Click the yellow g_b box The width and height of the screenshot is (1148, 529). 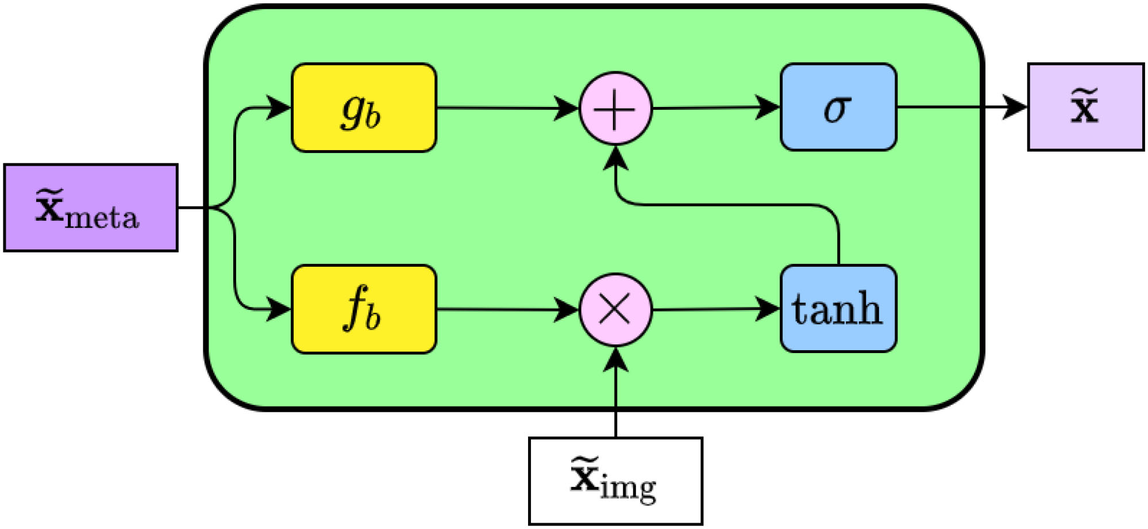pyautogui.click(x=364, y=108)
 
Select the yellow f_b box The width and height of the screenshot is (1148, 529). pyautogui.click(x=364, y=309)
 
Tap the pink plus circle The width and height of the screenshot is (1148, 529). pyautogui.click(x=615, y=108)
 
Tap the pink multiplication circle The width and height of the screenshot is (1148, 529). pyautogui.click(x=615, y=309)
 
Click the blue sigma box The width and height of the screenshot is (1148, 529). pyautogui.click(x=838, y=107)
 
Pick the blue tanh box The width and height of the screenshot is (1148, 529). pyautogui.click(x=838, y=308)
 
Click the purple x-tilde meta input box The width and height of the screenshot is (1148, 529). pyautogui.click(x=90, y=208)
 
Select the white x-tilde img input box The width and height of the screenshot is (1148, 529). pyautogui.click(x=615, y=481)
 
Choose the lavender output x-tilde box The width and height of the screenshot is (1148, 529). pyautogui.click(x=1085, y=107)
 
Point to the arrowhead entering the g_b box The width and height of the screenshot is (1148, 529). pyautogui.click(x=280, y=108)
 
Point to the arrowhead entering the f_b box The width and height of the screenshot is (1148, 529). pyautogui.click(x=280, y=309)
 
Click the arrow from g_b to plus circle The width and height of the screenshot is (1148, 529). pyautogui.click(x=500, y=108)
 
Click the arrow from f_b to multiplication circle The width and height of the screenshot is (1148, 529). pyautogui.click(x=500, y=309)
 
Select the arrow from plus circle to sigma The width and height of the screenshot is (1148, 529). pyautogui.click(x=712, y=108)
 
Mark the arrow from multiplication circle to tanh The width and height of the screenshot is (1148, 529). pyautogui.click(x=712, y=309)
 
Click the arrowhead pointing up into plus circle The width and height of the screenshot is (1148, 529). pyautogui.click(x=615, y=158)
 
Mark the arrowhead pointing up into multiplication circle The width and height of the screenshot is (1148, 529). pyautogui.click(x=615, y=359)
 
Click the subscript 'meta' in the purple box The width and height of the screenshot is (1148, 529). pyautogui.click(x=102, y=218)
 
